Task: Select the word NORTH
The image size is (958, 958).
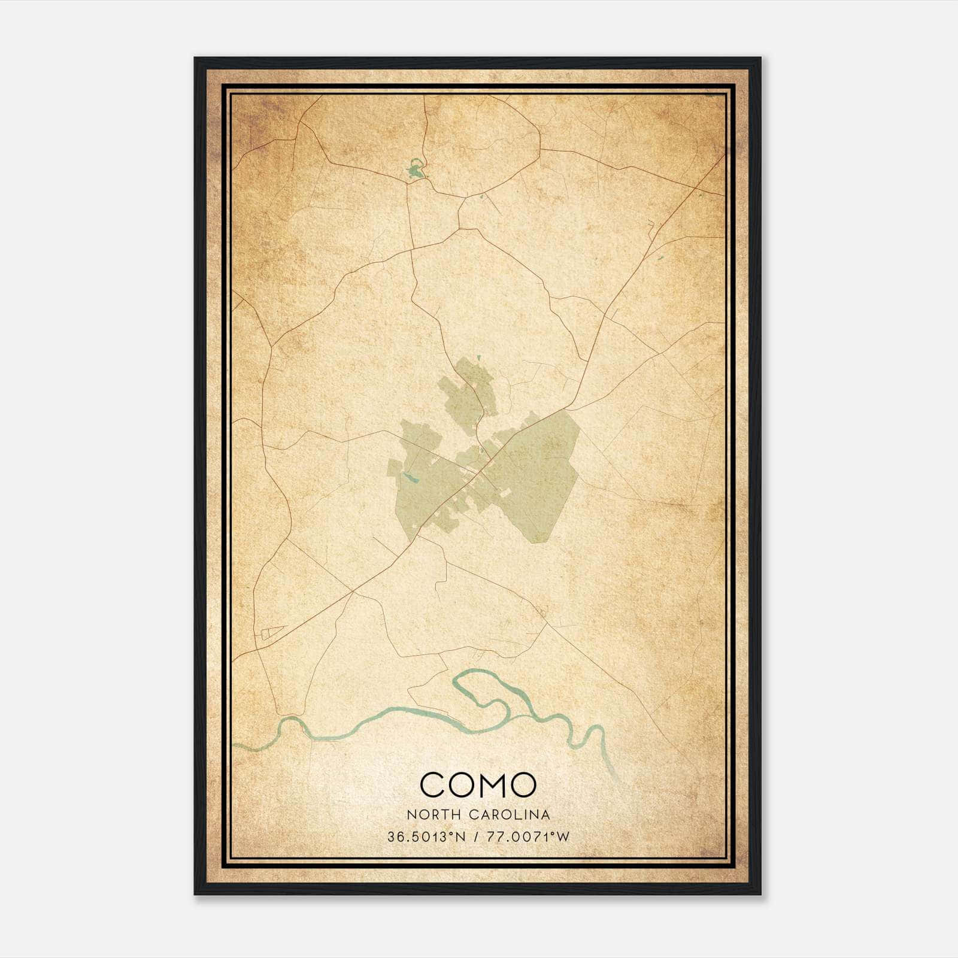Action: (x=426, y=814)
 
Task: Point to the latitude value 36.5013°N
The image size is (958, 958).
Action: (x=426, y=836)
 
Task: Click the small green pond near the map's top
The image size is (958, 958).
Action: (x=414, y=171)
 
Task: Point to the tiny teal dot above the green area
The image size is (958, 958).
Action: (x=480, y=358)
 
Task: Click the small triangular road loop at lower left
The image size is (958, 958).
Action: (x=272, y=632)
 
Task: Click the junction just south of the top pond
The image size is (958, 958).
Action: (x=408, y=183)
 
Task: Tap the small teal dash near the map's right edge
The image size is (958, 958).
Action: (x=660, y=259)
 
